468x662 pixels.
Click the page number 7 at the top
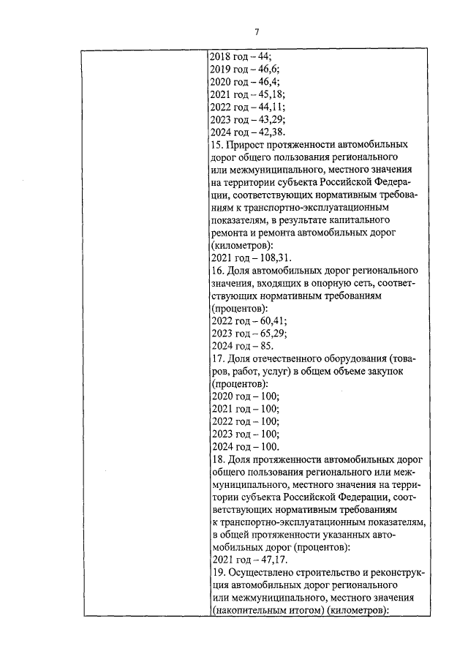pos(257,31)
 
